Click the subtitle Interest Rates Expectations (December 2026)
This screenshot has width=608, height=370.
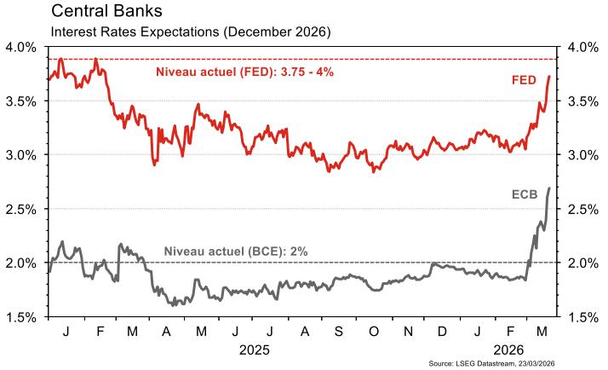(x=191, y=32)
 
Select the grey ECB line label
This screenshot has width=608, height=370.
(x=536, y=194)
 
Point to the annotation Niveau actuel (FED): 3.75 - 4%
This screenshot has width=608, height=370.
(x=244, y=72)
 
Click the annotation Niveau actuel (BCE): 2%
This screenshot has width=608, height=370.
(x=235, y=251)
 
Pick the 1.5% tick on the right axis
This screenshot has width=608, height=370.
(x=583, y=317)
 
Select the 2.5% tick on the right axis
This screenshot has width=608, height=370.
(x=583, y=209)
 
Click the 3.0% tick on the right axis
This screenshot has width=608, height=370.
(x=583, y=155)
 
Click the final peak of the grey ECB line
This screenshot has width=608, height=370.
(x=549, y=188)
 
